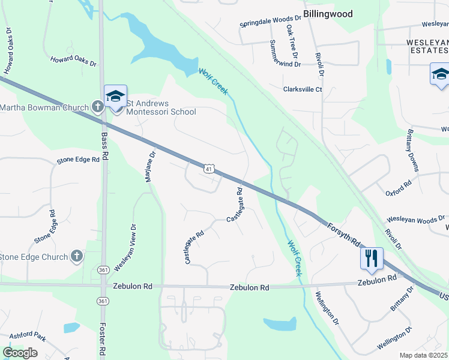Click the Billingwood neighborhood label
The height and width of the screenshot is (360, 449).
click(x=327, y=13)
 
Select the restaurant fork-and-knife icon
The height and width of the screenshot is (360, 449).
click(x=372, y=258)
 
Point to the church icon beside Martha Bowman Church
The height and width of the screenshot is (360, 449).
click(x=98, y=107)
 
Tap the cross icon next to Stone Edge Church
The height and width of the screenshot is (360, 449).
click(x=76, y=257)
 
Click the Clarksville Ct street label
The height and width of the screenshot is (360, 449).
click(x=303, y=89)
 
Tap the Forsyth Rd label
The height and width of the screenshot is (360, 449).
click(x=343, y=233)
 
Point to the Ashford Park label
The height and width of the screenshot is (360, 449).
click(x=28, y=335)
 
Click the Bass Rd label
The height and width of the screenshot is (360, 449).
click(x=104, y=146)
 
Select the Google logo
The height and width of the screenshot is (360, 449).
click(x=20, y=353)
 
